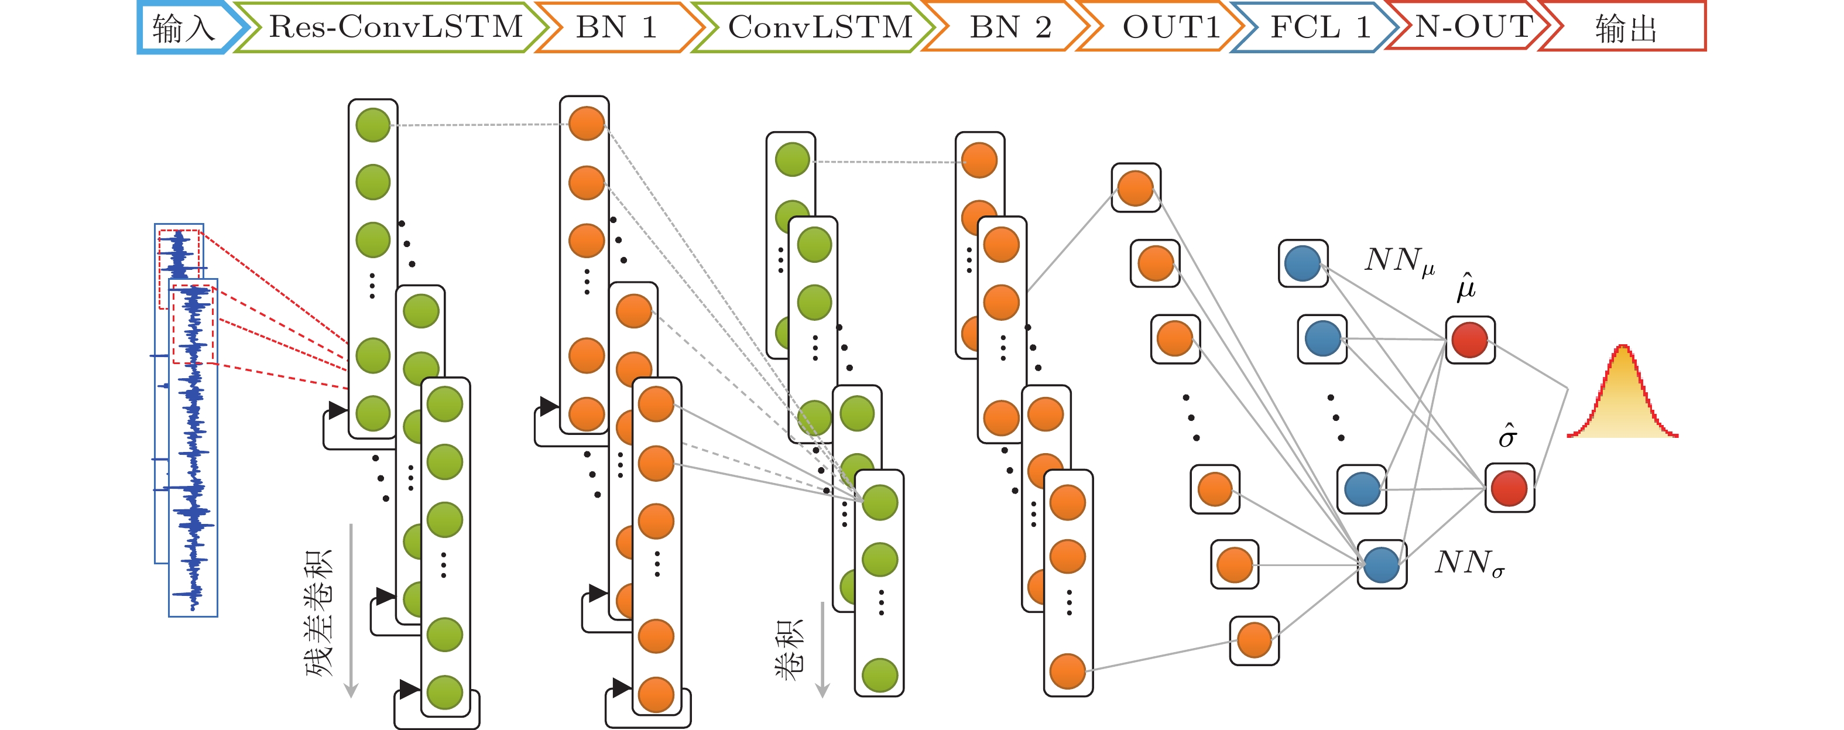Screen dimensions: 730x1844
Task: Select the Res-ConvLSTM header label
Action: click(x=395, y=27)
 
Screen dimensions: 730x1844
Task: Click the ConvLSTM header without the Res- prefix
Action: click(x=820, y=27)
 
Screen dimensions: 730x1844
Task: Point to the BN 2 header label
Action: click(x=1009, y=27)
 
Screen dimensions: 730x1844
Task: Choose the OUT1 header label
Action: click(x=1170, y=27)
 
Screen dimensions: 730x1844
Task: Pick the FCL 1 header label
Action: click(x=1319, y=27)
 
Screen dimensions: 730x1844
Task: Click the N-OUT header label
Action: click(x=1473, y=27)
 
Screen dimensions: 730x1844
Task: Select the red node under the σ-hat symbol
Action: click(x=1509, y=488)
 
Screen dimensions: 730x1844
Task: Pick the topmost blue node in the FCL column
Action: click(x=1303, y=263)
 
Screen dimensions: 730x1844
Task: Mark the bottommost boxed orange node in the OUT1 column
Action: click(x=1254, y=640)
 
